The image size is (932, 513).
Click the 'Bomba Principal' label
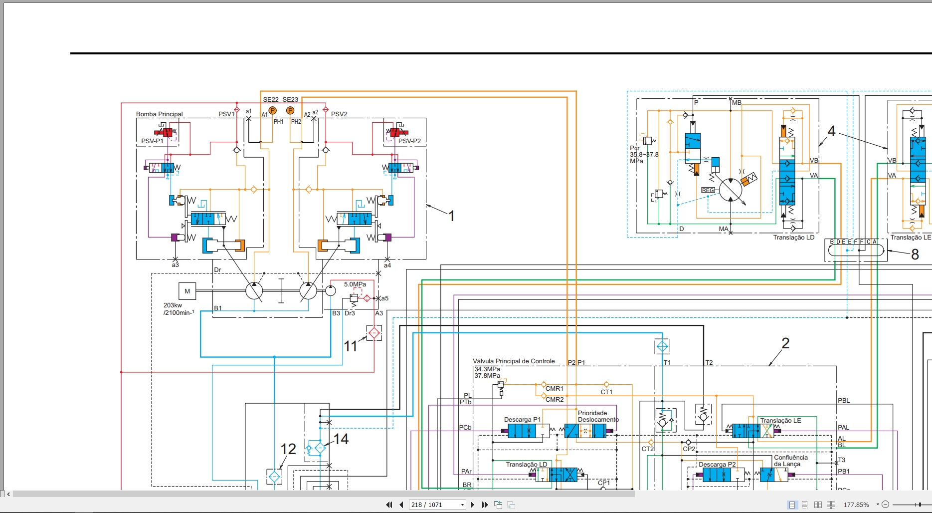pyautogui.click(x=160, y=114)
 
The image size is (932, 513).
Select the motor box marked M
pyautogui.click(x=187, y=291)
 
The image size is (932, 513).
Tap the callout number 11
pyautogui.click(x=350, y=346)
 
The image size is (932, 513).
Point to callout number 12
pyautogui.click(x=288, y=449)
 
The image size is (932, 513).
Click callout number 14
pyautogui.click(x=341, y=439)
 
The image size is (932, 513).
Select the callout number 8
pyautogui.click(x=915, y=255)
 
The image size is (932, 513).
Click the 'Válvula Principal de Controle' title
pyautogui.click(x=514, y=361)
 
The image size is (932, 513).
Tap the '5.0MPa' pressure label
pyautogui.click(x=355, y=284)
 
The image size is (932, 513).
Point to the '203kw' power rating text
pyautogui.click(x=173, y=305)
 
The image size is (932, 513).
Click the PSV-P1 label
pyautogui.click(x=152, y=141)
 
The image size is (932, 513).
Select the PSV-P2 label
pyautogui.click(x=409, y=141)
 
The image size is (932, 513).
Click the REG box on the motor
pyautogui.click(x=708, y=190)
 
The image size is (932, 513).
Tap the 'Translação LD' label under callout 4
pyautogui.click(x=793, y=238)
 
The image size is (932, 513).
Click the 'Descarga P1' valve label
pyautogui.click(x=522, y=420)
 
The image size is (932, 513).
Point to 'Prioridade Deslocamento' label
pyautogui.click(x=598, y=416)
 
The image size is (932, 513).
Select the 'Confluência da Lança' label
pyautogui.click(x=791, y=461)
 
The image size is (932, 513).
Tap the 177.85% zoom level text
pyautogui.click(x=856, y=505)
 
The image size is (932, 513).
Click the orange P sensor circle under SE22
pyautogui.click(x=272, y=110)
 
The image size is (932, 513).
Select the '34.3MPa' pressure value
pyautogui.click(x=487, y=369)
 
